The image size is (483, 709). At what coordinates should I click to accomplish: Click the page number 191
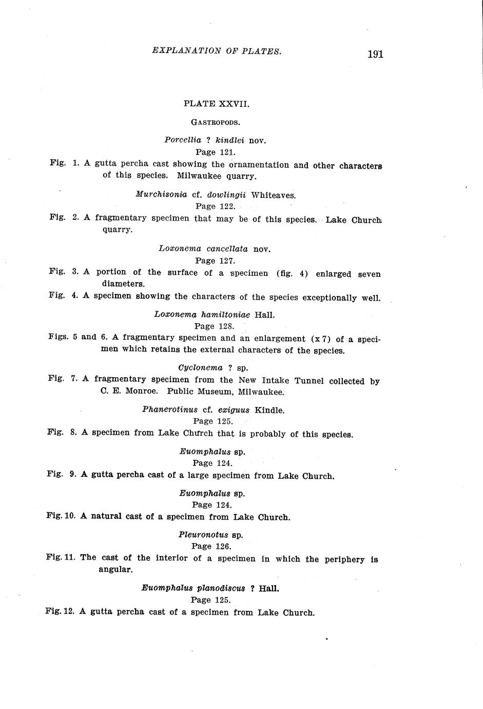[x=375, y=54]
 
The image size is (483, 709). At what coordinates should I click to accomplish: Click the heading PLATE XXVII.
[x=216, y=104]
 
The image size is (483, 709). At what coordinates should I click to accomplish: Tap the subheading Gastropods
[x=216, y=122]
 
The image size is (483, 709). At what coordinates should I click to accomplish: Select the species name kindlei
[x=229, y=140]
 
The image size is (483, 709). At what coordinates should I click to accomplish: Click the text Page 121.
[x=216, y=152]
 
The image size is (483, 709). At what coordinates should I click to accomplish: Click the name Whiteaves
[x=273, y=195]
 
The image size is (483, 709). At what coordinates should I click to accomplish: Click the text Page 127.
[x=215, y=260]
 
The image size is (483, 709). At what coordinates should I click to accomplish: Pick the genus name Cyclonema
[x=200, y=368]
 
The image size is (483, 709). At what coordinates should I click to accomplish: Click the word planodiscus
[x=220, y=588]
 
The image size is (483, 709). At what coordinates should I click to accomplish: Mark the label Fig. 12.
[x=60, y=611]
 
